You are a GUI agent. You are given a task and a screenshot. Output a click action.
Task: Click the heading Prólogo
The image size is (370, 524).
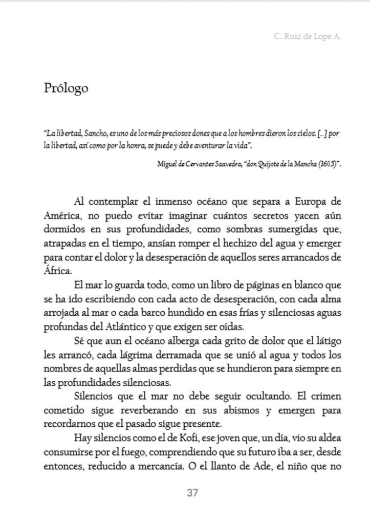[66, 88]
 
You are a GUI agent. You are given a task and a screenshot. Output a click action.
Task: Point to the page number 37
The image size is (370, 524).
[192, 493]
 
